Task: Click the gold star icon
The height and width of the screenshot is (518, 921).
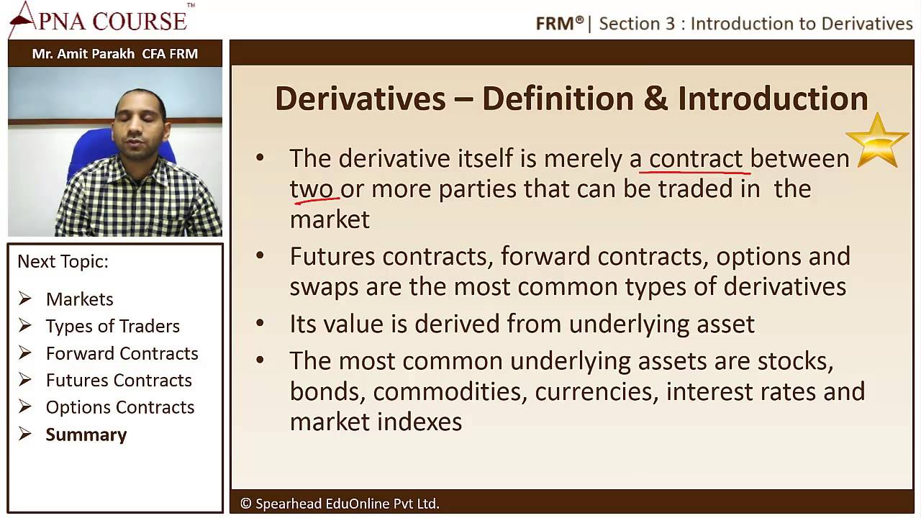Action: tap(876, 140)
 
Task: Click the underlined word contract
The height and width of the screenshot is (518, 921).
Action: tap(695, 158)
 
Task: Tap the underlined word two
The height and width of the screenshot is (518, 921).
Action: tap(312, 189)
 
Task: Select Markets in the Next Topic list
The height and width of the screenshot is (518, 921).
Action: tap(79, 299)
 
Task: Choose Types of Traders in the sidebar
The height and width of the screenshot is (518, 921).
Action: tap(112, 326)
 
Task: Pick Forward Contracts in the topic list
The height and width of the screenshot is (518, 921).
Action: tap(122, 353)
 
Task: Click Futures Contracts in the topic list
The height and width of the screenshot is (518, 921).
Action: tap(119, 380)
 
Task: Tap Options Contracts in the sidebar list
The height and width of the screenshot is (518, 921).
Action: tap(120, 407)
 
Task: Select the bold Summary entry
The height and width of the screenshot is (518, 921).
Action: tap(86, 435)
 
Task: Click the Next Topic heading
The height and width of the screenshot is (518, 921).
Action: tap(63, 261)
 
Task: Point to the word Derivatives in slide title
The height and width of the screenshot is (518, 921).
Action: tap(360, 99)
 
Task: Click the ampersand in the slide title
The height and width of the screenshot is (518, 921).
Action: tap(655, 99)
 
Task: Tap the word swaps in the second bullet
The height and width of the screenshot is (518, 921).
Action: tap(324, 287)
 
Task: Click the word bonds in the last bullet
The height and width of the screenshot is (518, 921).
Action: tap(327, 391)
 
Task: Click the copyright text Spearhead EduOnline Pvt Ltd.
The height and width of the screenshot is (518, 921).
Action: tap(340, 504)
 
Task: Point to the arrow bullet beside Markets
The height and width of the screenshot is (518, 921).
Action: tap(25, 299)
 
